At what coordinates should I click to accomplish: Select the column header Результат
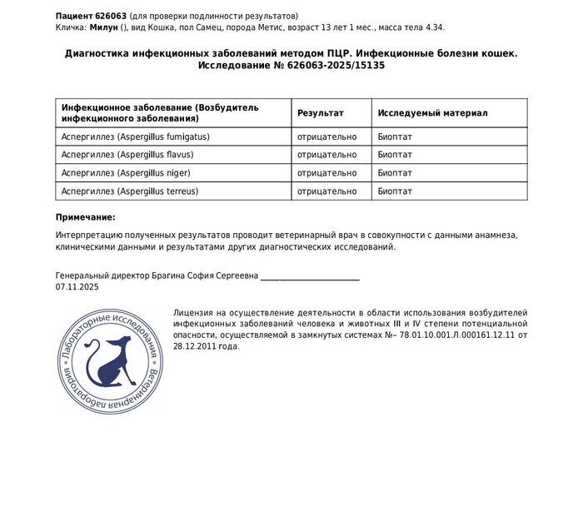(321, 112)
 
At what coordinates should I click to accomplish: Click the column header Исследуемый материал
(432, 112)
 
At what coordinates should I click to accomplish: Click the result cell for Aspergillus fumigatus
(326, 136)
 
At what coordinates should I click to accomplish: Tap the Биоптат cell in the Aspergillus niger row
(395, 173)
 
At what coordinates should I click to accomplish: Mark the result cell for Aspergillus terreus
(326, 192)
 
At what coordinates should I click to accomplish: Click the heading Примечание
(85, 217)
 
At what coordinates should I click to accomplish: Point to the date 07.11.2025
(77, 286)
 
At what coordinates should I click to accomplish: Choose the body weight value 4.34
(434, 27)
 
